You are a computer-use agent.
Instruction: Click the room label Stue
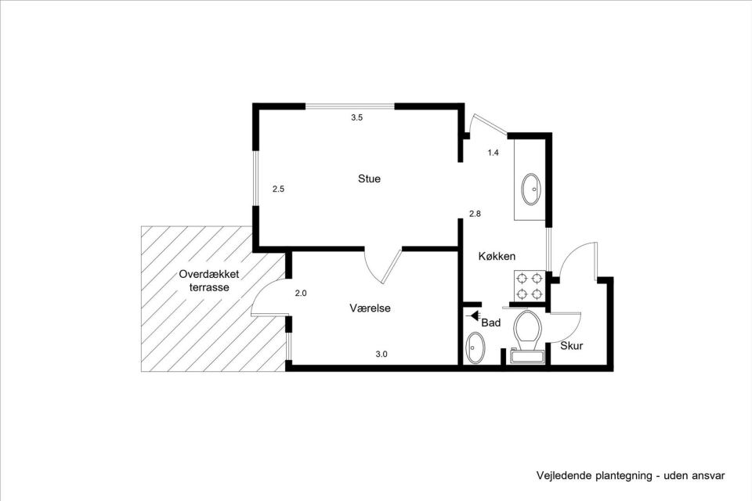369,179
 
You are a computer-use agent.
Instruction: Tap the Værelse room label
370,308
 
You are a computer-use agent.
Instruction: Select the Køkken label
497,256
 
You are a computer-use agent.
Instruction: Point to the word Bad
491,323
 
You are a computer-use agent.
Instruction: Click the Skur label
571,345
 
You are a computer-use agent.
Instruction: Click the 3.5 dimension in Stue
356,118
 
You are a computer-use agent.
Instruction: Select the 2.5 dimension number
278,189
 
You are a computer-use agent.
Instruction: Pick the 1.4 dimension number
493,153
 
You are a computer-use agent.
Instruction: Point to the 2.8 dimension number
475,214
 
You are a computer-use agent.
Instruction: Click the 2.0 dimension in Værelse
301,294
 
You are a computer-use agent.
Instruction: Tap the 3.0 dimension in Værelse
381,355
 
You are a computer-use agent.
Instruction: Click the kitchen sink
531,189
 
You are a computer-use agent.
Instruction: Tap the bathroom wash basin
475,347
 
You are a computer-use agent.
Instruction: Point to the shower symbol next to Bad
472,315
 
